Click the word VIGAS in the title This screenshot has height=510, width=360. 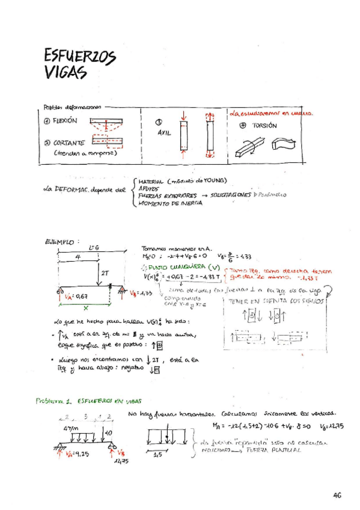pyautogui.click(x=66, y=72)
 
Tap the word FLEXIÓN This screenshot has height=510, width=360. pyautogui.click(x=65, y=120)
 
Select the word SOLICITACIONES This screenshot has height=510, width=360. pyautogui.click(x=227, y=195)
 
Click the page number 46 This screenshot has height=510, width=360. pyautogui.click(x=335, y=495)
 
